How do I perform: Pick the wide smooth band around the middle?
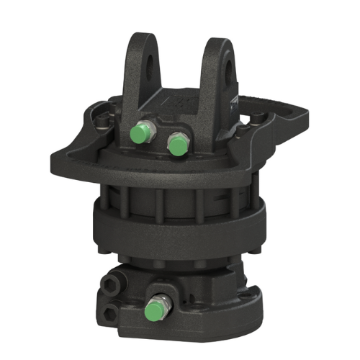[180, 227]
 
